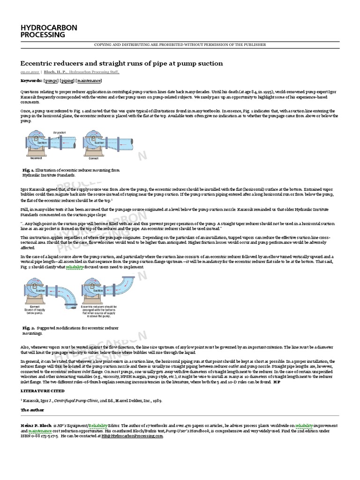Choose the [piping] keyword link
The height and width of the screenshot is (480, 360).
click(67, 81)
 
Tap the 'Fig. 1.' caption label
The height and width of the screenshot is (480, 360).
click(28, 170)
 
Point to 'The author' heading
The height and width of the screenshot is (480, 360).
click(32, 410)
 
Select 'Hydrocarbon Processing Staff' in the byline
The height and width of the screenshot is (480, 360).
click(94, 72)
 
